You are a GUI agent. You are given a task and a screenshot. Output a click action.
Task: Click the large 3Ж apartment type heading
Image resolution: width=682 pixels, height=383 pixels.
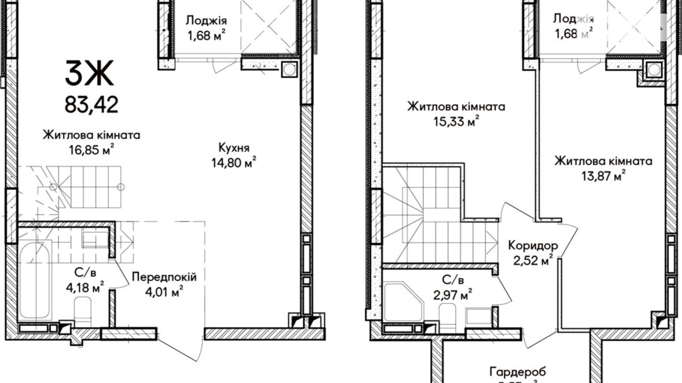[90, 73]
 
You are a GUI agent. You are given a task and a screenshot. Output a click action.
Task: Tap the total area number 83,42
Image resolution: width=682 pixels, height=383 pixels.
[91, 105]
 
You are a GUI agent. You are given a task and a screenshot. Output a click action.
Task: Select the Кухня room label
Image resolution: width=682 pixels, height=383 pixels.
[234, 148]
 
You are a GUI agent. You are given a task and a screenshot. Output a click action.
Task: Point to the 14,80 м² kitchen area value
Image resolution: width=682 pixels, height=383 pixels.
[233, 163]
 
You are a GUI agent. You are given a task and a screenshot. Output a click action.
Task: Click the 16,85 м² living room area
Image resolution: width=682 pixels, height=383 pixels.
[91, 150]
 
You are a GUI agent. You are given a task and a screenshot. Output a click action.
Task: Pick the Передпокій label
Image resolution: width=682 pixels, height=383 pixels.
[164, 277]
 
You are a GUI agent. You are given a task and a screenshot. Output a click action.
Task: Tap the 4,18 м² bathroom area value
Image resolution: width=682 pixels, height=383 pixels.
[84, 288]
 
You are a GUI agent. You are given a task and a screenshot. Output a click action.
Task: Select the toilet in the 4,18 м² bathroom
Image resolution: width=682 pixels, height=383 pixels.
[83, 311]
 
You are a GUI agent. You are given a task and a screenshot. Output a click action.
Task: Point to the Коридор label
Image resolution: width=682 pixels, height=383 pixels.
[533, 245]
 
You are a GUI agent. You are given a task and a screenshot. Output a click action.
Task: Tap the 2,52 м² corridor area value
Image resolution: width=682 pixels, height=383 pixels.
[533, 261]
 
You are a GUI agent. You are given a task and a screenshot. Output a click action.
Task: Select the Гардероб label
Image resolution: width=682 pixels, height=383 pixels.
[517, 372]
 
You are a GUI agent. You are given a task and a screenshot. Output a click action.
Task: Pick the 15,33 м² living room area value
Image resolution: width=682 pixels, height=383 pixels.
[456, 122]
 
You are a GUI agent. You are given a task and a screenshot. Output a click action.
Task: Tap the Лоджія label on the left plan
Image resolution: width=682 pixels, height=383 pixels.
[206, 20]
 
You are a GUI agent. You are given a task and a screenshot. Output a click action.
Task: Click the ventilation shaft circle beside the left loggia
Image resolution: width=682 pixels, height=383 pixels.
[289, 70]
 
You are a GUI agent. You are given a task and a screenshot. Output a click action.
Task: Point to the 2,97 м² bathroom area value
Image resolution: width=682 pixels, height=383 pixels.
[452, 295]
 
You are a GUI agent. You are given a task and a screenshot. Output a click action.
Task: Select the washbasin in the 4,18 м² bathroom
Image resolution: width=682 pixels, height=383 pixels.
[95, 240]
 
